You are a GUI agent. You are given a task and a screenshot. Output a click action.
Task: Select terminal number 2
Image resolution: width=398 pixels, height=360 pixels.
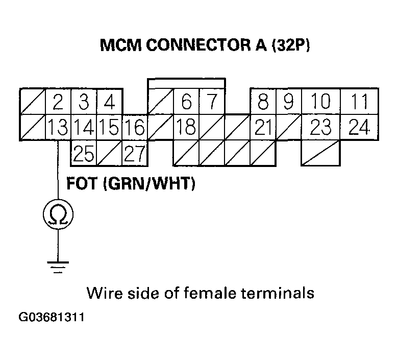point(58,102)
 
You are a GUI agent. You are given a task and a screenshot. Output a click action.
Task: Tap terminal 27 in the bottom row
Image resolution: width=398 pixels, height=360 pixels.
point(135,153)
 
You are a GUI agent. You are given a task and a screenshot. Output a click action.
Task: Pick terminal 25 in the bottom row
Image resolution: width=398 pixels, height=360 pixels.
point(83,153)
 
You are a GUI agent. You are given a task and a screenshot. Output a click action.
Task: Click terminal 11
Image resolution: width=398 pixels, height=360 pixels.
point(360,102)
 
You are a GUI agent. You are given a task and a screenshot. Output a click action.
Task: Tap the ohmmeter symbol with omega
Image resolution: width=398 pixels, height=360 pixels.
point(58,215)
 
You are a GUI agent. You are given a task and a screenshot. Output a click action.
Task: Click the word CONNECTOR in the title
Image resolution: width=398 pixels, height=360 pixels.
point(190,46)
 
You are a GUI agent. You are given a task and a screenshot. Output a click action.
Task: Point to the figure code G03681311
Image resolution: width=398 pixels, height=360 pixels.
point(51,317)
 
